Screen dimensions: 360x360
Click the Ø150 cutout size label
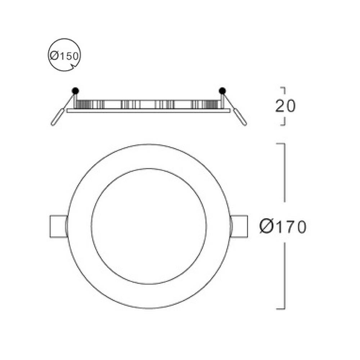64,56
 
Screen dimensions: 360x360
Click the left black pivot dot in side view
75,90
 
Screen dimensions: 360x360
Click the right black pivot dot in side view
222,90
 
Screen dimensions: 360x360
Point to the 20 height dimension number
285,106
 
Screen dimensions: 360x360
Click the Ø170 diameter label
283,226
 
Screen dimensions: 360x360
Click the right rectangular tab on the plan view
240,226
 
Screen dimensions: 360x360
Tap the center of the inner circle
149,226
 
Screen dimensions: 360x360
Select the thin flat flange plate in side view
148,111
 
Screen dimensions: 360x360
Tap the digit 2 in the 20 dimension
280,106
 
